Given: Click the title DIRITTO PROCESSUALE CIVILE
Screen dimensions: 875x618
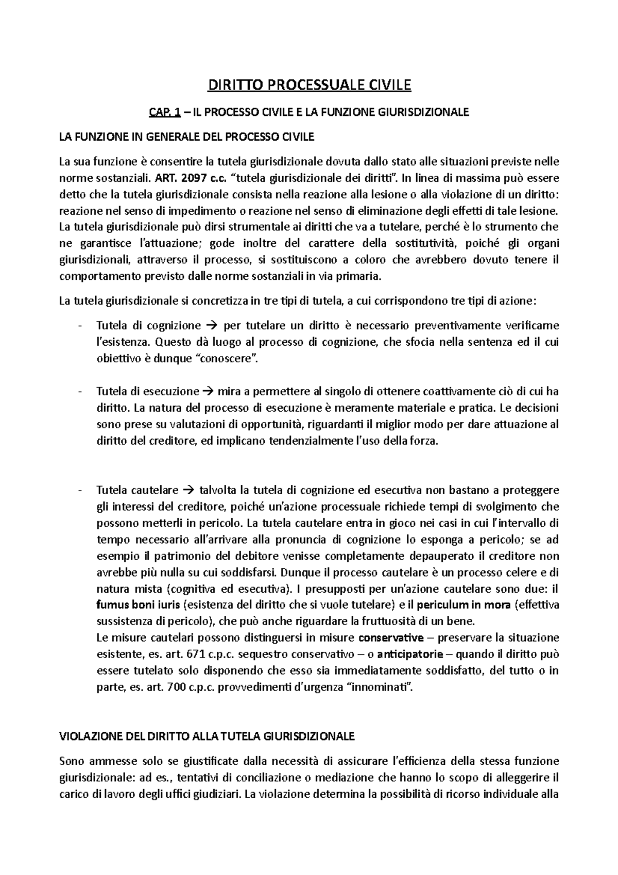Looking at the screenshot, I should click(309, 85).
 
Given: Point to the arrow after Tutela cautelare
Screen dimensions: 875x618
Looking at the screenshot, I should click(187, 490).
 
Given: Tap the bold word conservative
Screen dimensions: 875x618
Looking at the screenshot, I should click(391, 638).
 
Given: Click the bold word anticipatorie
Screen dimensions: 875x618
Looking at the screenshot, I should click(409, 654).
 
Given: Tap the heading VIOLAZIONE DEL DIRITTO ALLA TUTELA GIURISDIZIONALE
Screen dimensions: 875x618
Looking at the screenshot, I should click(207, 736).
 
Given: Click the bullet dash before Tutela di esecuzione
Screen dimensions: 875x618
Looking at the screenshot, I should click(79, 391).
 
